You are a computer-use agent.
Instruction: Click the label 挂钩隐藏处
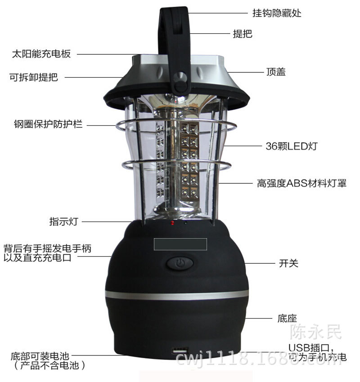pyautogui.click(x=277, y=13)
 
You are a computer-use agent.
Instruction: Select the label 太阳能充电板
pyautogui.click(x=41, y=54)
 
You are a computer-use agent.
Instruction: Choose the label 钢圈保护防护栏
pyautogui.click(x=48, y=124)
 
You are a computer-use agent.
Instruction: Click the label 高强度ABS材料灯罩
pyautogui.click(x=301, y=183)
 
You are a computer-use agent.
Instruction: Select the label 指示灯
pyautogui.click(x=64, y=222)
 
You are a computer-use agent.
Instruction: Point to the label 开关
pyautogui.click(x=288, y=263)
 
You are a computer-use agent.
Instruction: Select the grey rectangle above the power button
pyautogui.click(x=180, y=244)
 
